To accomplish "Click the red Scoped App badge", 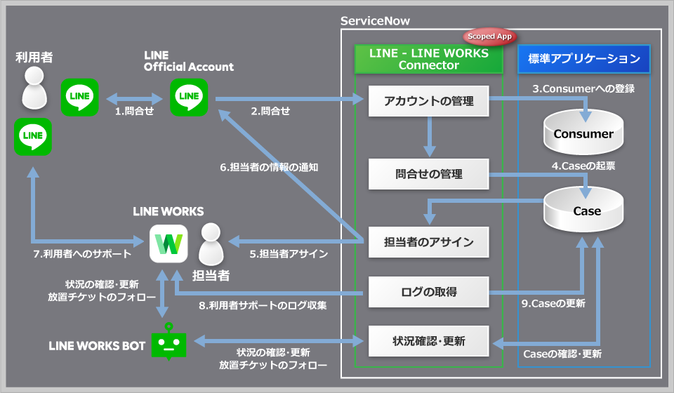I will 490,36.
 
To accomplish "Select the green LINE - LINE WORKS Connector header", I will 429,59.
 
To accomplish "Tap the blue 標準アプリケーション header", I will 584,59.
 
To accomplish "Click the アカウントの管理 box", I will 429,101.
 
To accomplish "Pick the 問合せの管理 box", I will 429,173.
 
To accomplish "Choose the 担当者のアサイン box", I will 429,243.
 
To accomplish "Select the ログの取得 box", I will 429,291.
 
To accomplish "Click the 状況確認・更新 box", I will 429,342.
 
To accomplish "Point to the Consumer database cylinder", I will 583,133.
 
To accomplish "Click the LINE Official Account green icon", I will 189,97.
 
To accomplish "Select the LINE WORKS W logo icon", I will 168,243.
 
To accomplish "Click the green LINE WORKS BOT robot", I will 169,343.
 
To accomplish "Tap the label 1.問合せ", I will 134,111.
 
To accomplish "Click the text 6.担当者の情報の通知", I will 265,167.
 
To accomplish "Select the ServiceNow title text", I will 375,21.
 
